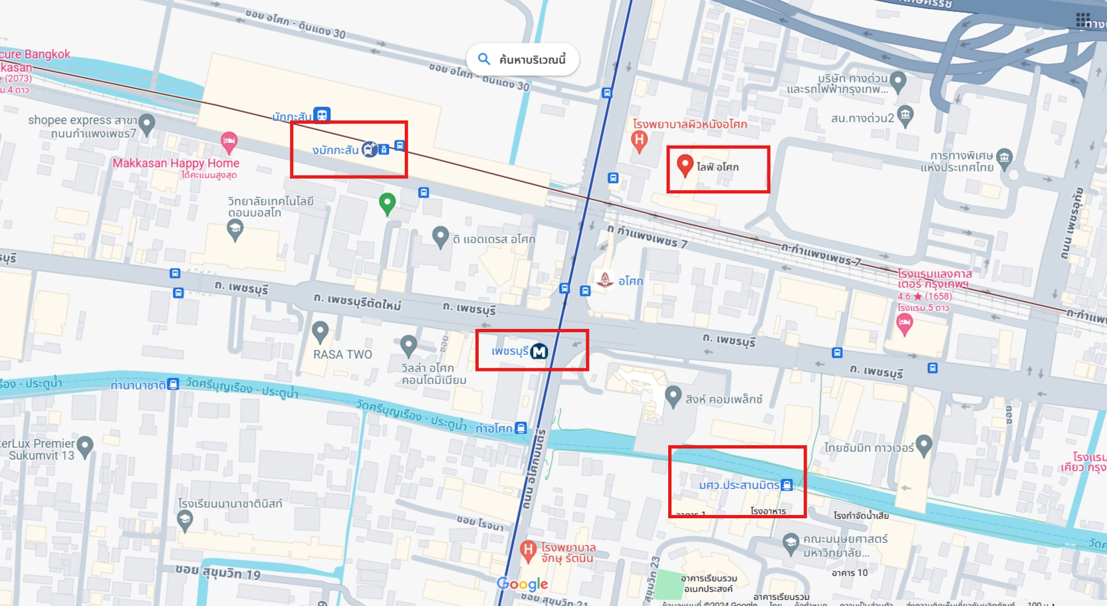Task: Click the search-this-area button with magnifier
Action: tap(523, 60)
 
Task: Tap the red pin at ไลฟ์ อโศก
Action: tap(685, 164)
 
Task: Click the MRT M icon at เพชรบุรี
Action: tap(539, 352)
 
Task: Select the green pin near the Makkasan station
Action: tap(387, 202)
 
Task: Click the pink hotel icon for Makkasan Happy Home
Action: tap(229, 140)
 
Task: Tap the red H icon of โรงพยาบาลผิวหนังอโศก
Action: tap(639, 140)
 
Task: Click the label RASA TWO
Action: tap(342, 354)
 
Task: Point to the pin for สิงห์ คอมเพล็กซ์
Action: tap(673, 396)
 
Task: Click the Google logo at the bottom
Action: tap(523, 584)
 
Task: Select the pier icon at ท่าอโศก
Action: tap(521, 428)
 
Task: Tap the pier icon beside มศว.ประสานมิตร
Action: tap(787, 485)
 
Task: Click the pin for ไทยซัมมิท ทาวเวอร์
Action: tap(923, 445)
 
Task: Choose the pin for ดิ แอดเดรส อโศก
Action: tap(440, 236)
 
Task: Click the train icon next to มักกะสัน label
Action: tap(322, 115)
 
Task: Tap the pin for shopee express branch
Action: tap(147, 123)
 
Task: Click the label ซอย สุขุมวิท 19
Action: tap(217, 572)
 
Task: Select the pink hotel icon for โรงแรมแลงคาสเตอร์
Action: tap(904, 324)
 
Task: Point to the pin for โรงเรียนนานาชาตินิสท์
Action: tap(185, 520)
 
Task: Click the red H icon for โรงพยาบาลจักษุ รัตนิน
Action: tap(528, 550)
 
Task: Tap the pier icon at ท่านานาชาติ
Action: tap(173, 384)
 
